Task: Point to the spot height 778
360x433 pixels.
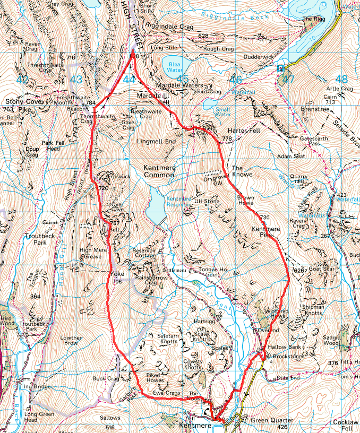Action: tap(228, 139)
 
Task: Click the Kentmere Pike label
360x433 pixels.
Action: tap(261, 230)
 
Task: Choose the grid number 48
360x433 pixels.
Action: tap(341, 80)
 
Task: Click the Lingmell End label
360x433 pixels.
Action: tap(156, 142)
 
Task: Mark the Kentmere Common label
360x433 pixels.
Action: tap(159, 171)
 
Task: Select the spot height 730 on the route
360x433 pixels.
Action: tap(265, 218)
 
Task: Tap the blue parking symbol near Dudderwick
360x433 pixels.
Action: tap(280, 68)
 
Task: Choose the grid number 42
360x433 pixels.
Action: tap(22, 80)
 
